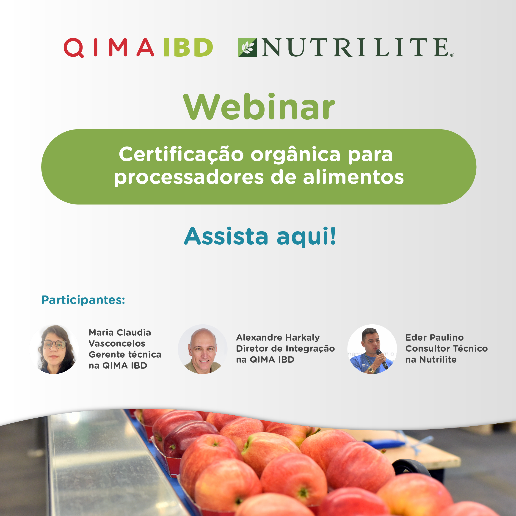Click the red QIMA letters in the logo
[109, 47]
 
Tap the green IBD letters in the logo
[188, 47]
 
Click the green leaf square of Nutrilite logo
[247, 47]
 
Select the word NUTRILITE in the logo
[355, 47]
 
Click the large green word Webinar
[259, 107]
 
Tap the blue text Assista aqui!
[260, 236]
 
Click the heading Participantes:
[83, 300]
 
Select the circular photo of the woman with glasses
[54, 349]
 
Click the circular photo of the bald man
[203, 349]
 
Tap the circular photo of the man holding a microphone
[372, 349]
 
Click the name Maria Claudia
[120, 333]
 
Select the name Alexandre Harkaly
[278, 338]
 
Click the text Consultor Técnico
[447, 348]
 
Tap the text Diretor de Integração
[285, 348]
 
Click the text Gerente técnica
[125, 354]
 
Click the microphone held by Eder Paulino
[382, 359]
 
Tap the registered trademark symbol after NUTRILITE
[452, 55]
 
